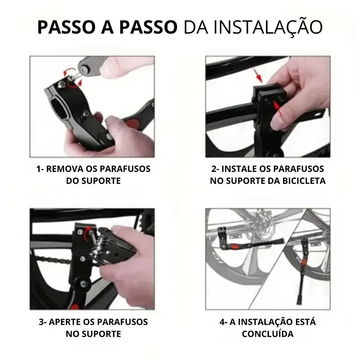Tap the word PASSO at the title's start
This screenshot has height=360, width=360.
point(67,27)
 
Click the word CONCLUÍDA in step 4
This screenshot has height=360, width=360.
point(268,334)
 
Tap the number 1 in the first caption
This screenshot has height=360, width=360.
point(38,169)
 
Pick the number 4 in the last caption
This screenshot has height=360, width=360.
point(222,322)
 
